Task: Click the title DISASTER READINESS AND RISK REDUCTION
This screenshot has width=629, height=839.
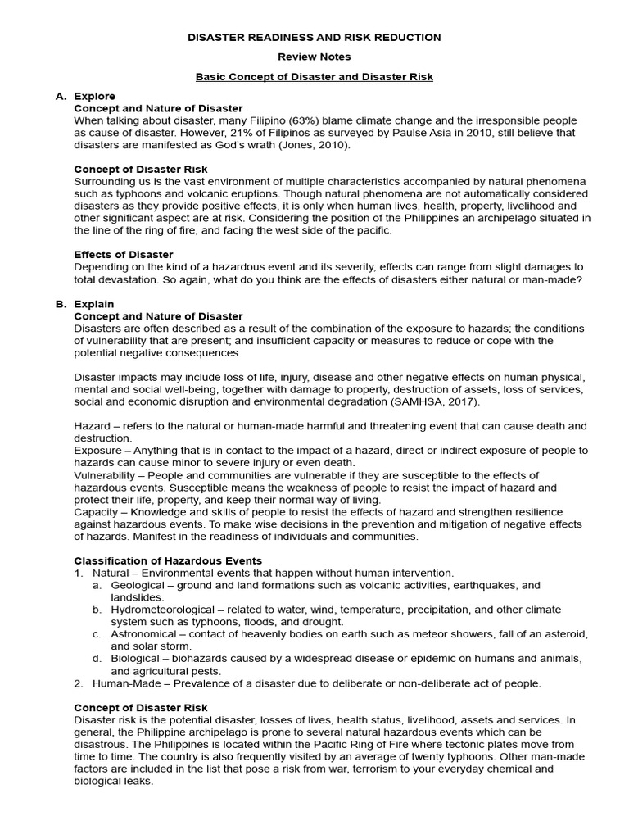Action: click(314, 38)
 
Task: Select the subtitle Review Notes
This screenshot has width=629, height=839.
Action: click(314, 57)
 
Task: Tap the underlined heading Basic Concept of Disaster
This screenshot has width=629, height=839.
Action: click(314, 77)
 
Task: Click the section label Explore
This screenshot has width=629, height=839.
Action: click(95, 97)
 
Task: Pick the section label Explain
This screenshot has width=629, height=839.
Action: click(94, 304)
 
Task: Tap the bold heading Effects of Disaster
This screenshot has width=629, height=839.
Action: click(124, 255)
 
